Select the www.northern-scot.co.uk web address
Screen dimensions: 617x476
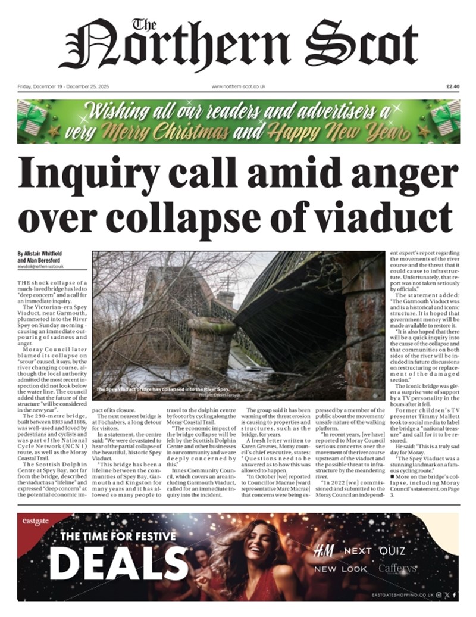[238, 86]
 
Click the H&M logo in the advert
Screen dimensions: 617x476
[324, 551]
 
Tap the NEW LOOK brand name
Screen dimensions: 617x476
[341, 569]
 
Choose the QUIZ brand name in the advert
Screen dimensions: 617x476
[392, 551]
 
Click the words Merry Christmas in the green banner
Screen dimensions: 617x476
[178, 130]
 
